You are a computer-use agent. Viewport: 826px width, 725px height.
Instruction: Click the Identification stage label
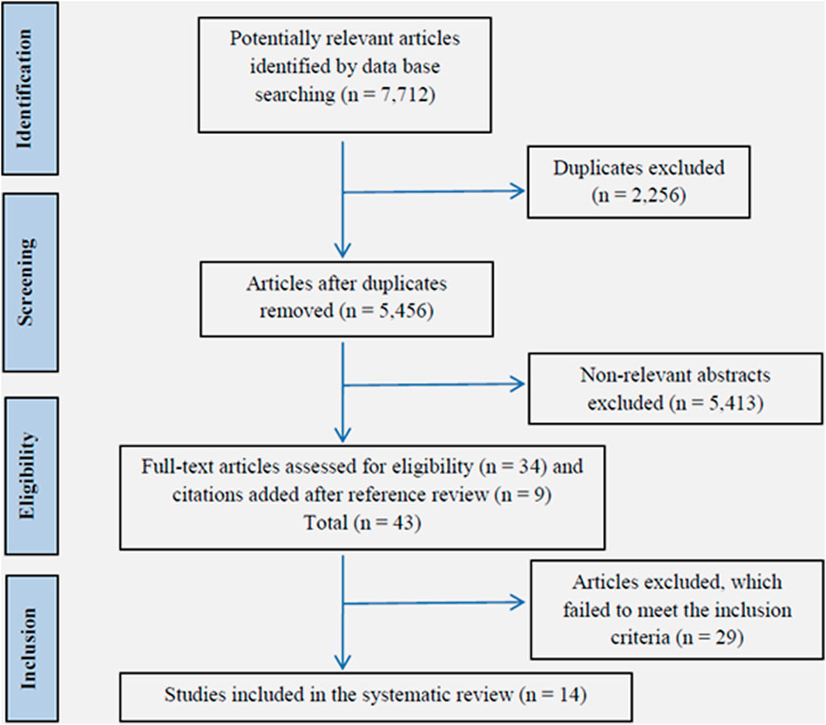tap(24, 89)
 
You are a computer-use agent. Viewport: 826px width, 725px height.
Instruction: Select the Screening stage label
tap(25, 282)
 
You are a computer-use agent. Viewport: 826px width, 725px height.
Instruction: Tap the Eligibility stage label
tap(26, 475)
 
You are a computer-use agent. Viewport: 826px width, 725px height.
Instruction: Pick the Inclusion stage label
tap(28, 648)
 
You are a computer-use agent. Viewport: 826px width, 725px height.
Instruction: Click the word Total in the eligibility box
tap(326, 522)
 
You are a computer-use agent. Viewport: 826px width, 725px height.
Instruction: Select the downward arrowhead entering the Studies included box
tap(343, 662)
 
